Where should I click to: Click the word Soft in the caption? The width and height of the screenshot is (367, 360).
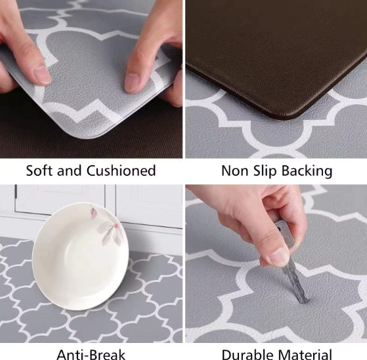[39, 170]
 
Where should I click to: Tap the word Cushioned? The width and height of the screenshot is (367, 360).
[121, 170]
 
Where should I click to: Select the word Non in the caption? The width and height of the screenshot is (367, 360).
[234, 171]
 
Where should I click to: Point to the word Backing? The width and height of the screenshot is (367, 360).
[307, 171]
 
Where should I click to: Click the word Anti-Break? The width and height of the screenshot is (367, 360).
[91, 355]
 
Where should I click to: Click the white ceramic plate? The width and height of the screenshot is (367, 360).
[80, 256]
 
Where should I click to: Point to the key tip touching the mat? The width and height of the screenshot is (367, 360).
[304, 302]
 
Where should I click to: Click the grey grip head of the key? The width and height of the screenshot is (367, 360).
[286, 233]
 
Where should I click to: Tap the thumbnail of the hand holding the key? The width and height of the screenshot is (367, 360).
[279, 256]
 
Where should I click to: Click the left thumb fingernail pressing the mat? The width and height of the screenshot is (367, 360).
[42, 75]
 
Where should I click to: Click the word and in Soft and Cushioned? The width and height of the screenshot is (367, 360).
[70, 170]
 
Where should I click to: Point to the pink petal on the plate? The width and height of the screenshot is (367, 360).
[94, 212]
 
